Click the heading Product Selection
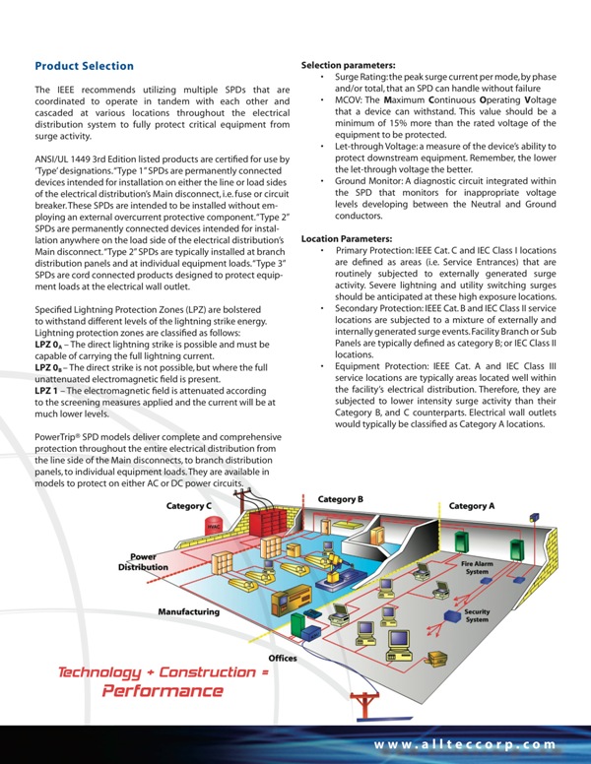84,66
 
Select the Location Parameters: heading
347,239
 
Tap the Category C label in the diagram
189,506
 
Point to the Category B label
341,499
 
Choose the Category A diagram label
472,506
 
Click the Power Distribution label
144,562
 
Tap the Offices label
283,658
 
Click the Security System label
477,615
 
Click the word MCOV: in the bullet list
350,100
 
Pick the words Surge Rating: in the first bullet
361,77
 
